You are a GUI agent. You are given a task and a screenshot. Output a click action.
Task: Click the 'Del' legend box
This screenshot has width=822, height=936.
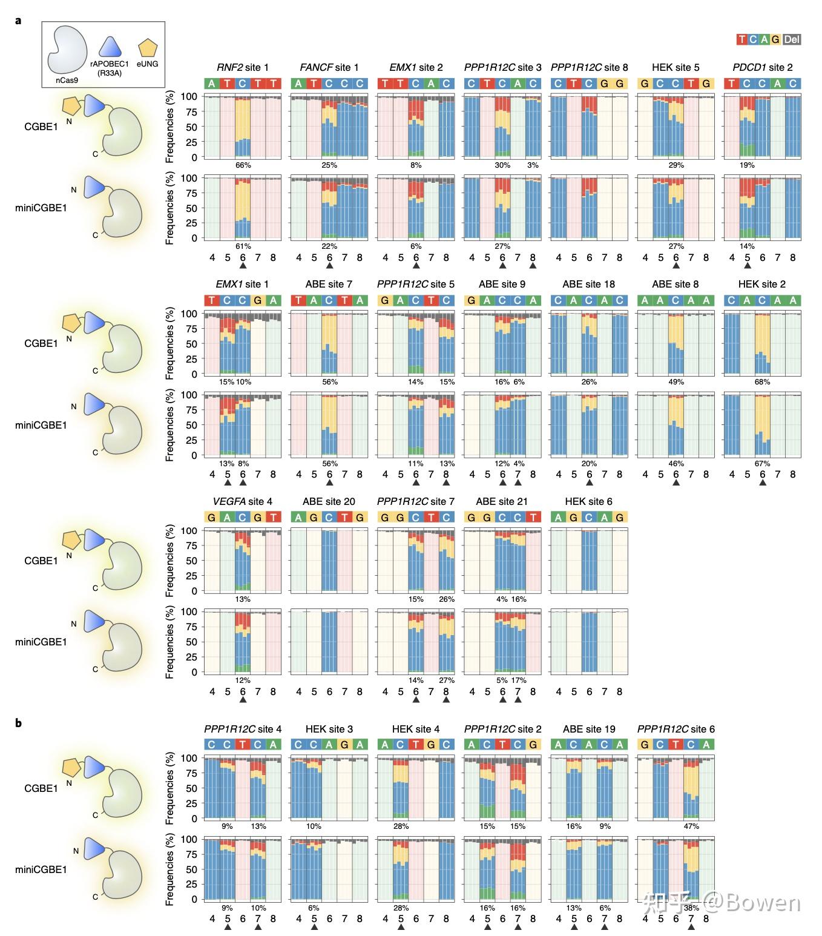tap(791, 40)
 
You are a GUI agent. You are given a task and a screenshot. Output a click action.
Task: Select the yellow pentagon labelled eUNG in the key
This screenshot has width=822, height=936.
tap(147, 48)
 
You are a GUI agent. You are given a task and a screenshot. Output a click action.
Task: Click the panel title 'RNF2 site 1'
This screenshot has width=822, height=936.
tap(242, 67)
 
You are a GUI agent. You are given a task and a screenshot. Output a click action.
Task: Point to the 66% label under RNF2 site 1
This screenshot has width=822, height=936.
tap(243, 165)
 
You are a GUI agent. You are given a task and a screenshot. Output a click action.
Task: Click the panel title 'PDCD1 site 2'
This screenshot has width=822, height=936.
tap(762, 67)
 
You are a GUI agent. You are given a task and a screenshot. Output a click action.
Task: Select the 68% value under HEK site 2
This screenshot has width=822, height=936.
tap(763, 382)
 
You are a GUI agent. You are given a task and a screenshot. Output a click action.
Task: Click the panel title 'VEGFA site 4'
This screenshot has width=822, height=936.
tap(242, 501)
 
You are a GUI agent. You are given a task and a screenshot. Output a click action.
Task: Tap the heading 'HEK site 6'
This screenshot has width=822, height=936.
tap(588, 501)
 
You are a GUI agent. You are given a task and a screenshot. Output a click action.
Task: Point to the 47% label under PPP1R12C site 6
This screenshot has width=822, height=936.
tap(691, 826)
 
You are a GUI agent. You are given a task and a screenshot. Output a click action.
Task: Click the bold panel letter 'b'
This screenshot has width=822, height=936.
tap(19, 723)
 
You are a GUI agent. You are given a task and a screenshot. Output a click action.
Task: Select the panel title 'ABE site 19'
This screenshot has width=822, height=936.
tap(588, 729)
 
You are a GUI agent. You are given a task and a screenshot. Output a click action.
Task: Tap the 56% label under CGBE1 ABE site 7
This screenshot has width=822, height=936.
tap(329, 382)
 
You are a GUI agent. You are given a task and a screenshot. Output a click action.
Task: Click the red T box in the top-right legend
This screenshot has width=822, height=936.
tap(741, 40)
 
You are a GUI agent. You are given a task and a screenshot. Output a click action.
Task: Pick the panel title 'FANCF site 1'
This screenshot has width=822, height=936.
tap(329, 67)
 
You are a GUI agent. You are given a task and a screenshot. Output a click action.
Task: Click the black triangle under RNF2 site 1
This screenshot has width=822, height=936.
tap(243, 265)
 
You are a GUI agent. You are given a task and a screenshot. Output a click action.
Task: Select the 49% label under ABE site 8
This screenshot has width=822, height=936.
tap(676, 382)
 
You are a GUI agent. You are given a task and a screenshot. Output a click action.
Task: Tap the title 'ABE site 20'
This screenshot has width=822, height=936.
tap(329, 501)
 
